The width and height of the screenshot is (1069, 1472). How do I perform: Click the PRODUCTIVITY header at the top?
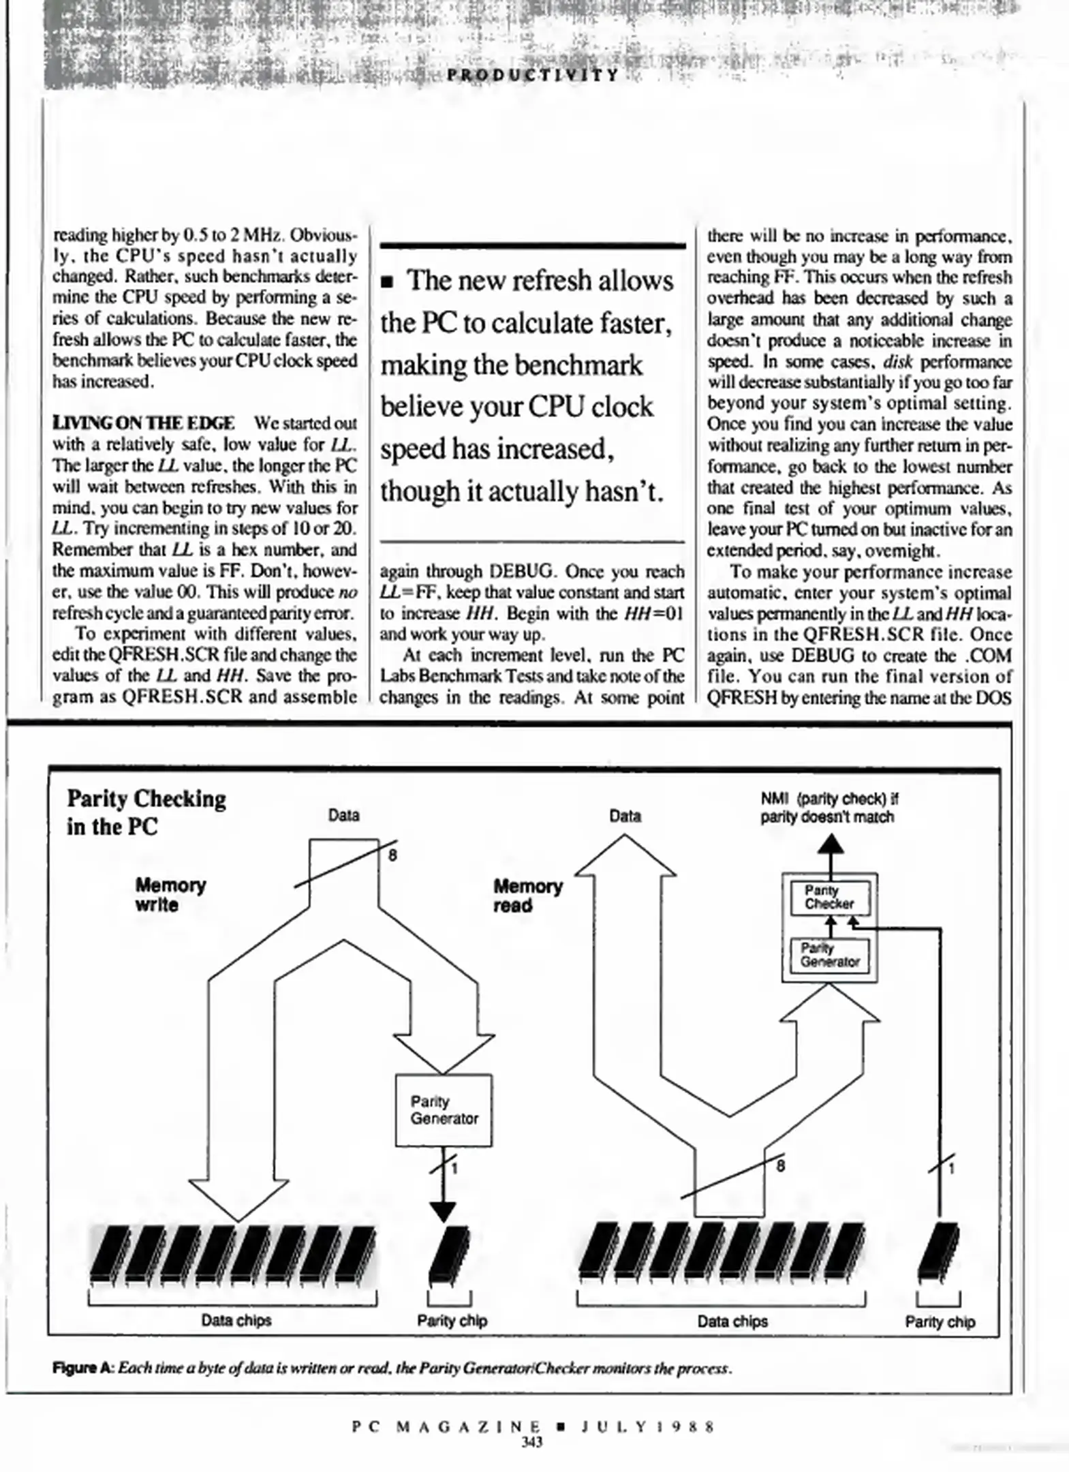(533, 75)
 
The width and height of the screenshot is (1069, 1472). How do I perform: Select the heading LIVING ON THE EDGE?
(144, 423)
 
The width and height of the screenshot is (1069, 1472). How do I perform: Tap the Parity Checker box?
(830, 898)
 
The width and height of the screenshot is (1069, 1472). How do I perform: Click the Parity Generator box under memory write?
(444, 1110)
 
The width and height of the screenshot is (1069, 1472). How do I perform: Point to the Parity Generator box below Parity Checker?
(830, 955)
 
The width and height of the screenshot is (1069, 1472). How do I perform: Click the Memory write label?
(170, 895)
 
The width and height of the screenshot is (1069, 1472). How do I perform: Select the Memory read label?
(528, 895)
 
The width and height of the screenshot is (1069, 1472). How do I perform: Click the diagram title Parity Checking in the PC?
(146, 812)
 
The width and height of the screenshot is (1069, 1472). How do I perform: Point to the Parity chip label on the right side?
(940, 1321)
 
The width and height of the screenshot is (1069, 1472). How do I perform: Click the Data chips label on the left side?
(236, 1320)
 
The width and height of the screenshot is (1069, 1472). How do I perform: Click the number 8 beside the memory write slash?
(392, 855)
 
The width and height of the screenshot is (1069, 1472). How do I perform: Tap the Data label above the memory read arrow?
(625, 816)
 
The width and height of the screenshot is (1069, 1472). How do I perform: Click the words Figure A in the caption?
(82, 1368)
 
